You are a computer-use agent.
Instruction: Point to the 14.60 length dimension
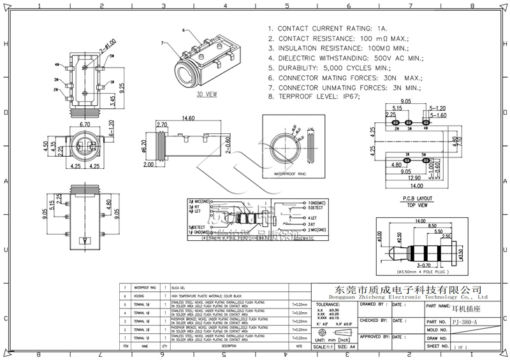[187, 118]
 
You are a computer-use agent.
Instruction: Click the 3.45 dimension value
[113, 100]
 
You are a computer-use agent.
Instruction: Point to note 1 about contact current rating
[328, 29]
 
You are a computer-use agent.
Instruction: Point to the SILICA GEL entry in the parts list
[180, 289]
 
